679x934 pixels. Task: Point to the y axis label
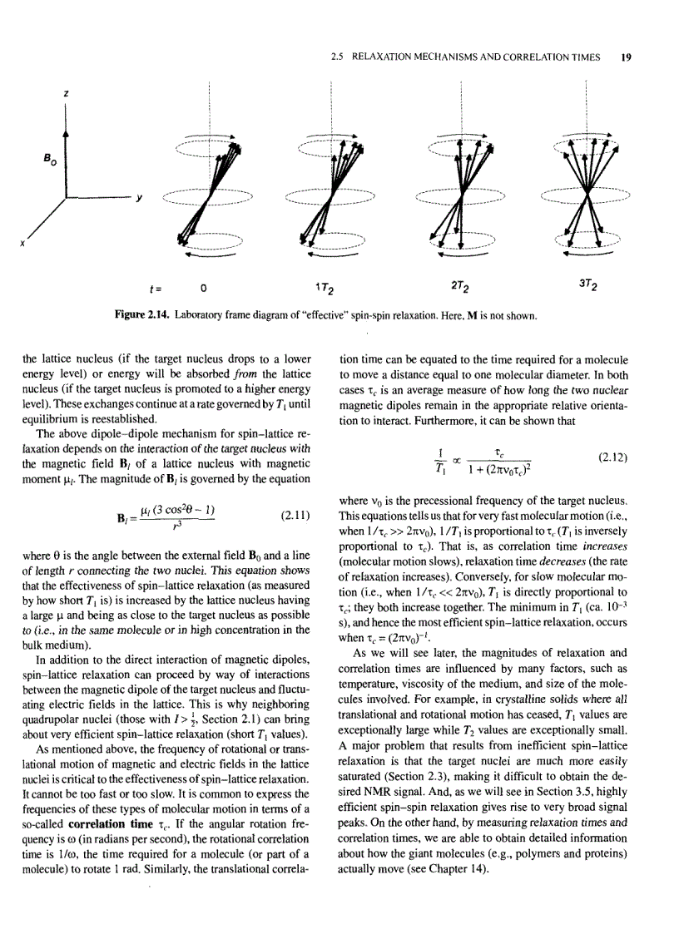[x=139, y=197]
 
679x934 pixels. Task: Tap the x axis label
[x=23, y=244]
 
